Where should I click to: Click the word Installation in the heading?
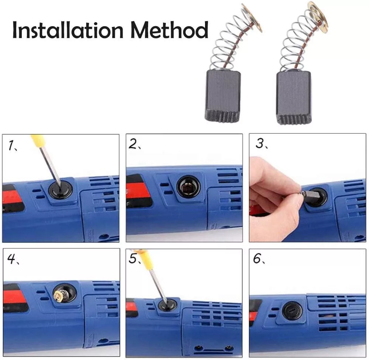[68, 30]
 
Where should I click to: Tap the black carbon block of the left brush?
[223, 96]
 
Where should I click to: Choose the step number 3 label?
[261, 143]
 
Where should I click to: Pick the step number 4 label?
[12, 259]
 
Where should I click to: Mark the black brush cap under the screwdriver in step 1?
[60, 190]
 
